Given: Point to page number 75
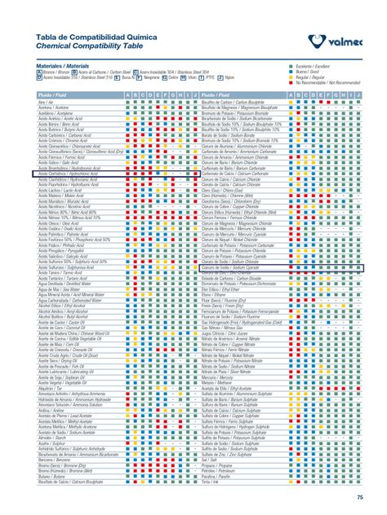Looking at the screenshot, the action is (x=360, y=497).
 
